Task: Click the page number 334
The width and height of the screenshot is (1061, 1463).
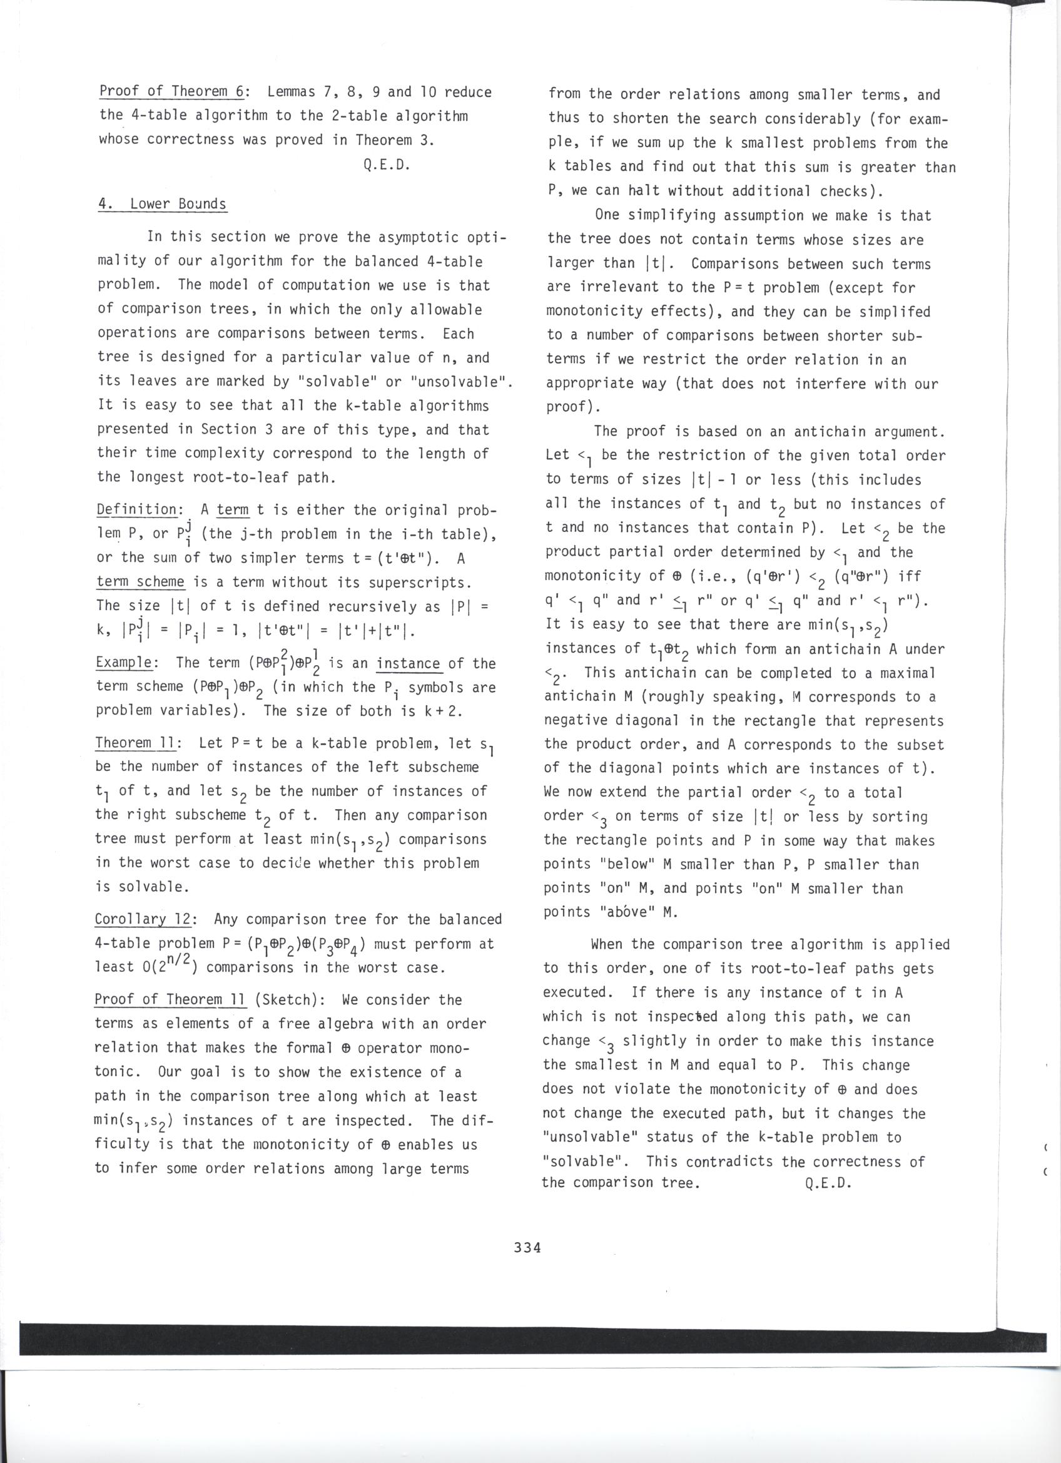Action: point(527,1247)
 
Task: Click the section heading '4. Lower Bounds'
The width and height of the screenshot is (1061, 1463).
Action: point(162,205)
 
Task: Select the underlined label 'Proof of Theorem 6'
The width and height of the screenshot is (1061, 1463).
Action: point(172,91)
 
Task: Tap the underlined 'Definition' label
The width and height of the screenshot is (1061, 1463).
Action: point(138,509)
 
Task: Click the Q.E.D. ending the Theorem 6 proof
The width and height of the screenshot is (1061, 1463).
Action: point(387,165)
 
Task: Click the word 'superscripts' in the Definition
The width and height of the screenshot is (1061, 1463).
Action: point(422,583)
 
